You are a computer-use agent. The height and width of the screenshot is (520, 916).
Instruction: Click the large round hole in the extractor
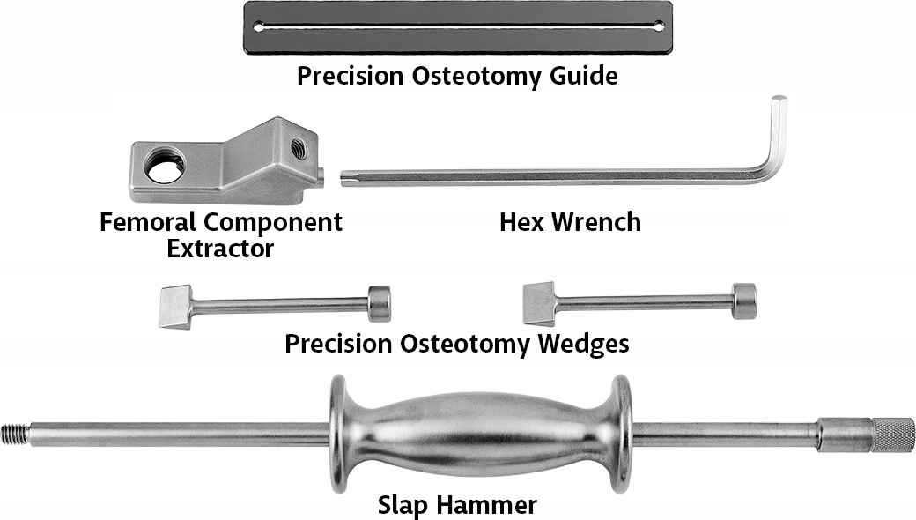click(166, 167)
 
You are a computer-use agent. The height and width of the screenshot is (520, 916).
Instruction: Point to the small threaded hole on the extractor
click(298, 150)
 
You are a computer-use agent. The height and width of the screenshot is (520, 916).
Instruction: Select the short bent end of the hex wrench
click(778, 132)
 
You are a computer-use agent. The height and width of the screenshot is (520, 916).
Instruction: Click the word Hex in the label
click(522, 221)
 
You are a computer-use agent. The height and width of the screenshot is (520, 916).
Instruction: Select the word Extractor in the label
click(220, 249)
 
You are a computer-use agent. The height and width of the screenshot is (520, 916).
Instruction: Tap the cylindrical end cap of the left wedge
click(380, 302)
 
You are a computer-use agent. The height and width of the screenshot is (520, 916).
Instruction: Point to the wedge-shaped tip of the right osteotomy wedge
click(538, 304)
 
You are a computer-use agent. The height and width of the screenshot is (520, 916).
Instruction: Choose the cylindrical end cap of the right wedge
click(744, 301)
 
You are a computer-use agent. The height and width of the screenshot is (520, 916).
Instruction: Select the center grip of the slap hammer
click(480, 434)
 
